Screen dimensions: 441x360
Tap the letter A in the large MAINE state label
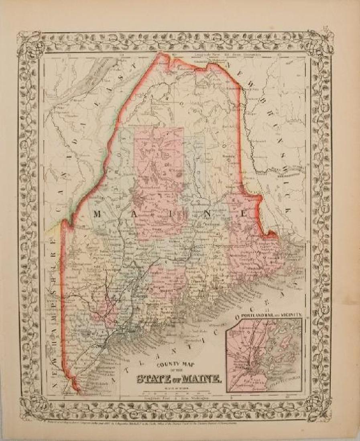point(136,214)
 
